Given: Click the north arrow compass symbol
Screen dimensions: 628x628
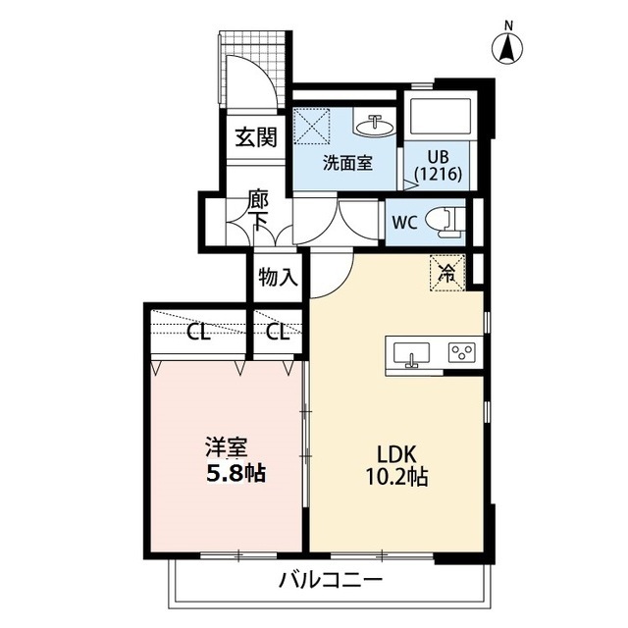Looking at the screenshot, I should pyautogui.click(x=507, y=43).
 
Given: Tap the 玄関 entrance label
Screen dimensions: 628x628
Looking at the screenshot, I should pyautogui.click(x=255, y=136).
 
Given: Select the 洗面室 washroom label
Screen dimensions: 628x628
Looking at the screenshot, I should pyautogui.click(x=347, y=163).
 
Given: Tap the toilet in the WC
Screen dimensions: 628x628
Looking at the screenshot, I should pyautogui.click(x=446, y=220).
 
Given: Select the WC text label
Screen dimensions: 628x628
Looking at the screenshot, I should pyautogui.click(x=405, y=222).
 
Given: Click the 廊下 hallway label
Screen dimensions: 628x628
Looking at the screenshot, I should pyautogui.click(x=258, y=209).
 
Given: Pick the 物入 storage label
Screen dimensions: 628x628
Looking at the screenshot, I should pyautogui.click(x=277, y=277).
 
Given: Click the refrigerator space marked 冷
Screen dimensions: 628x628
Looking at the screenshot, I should pyautogui.click(x=445, y=271).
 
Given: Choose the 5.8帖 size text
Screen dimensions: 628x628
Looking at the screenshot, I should pyautogui.click(x=234, y=473).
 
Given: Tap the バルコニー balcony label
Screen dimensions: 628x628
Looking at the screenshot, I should pyautogui.click(x=330, y=581).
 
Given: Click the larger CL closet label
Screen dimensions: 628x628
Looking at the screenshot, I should pyautogui.click(x=199, y=332).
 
